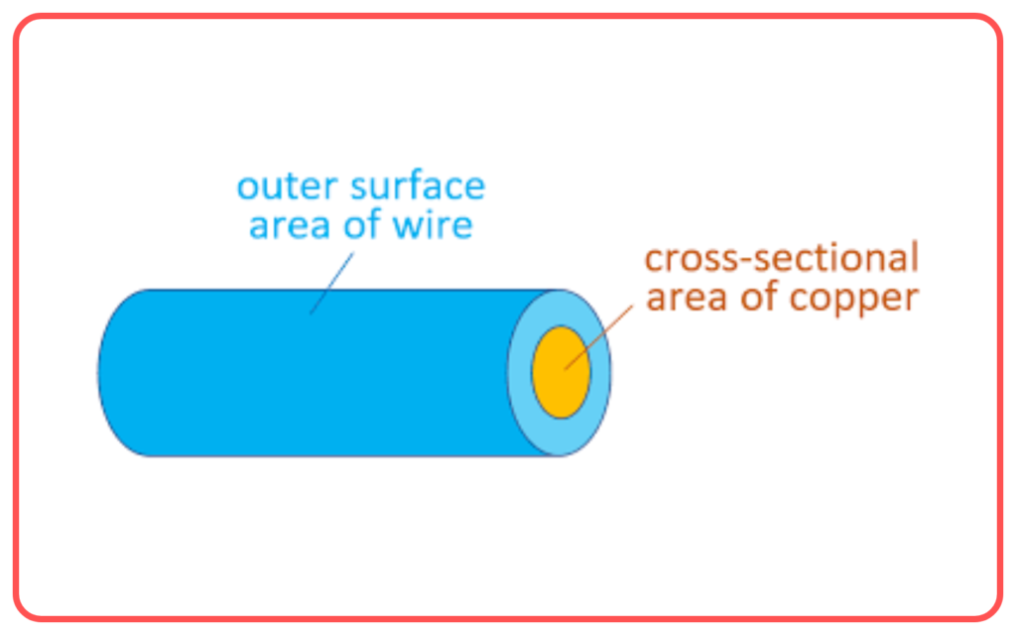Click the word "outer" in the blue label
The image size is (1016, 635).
(287, 187)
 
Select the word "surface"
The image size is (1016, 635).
(418, 186)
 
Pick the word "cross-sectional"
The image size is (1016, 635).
(782, 257)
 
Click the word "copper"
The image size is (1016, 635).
(854, 300)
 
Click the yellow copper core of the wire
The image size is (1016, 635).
(562, 372)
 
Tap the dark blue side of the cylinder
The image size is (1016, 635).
(305, 389)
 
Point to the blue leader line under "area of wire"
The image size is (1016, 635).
(331, 283)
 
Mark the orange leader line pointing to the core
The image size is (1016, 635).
(598, 337)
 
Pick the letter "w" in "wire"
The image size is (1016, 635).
(407, 227)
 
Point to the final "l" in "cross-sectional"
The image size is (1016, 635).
(915, 257)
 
